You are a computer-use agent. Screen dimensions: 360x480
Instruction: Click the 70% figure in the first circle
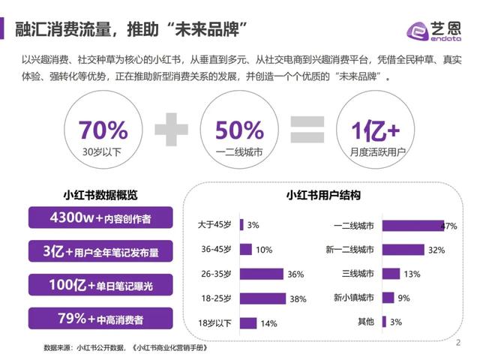click(103, 130)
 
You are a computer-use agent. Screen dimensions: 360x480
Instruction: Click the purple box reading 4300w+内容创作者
click(100, 218)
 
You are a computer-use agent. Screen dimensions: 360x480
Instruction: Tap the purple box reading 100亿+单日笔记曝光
click(100, 285)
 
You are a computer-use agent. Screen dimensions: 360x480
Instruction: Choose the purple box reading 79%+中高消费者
click(100, 319)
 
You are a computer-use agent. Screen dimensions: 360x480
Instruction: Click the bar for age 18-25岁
click(262, 298)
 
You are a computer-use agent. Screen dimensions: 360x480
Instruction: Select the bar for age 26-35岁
click(262, 274)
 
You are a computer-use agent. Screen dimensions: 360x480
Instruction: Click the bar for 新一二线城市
click(403, 249)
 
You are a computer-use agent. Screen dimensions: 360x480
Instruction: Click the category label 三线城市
click(358, 274)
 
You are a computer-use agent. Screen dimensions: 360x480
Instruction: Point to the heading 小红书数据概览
click(100, 195)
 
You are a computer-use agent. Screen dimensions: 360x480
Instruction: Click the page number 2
click(457, 343)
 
